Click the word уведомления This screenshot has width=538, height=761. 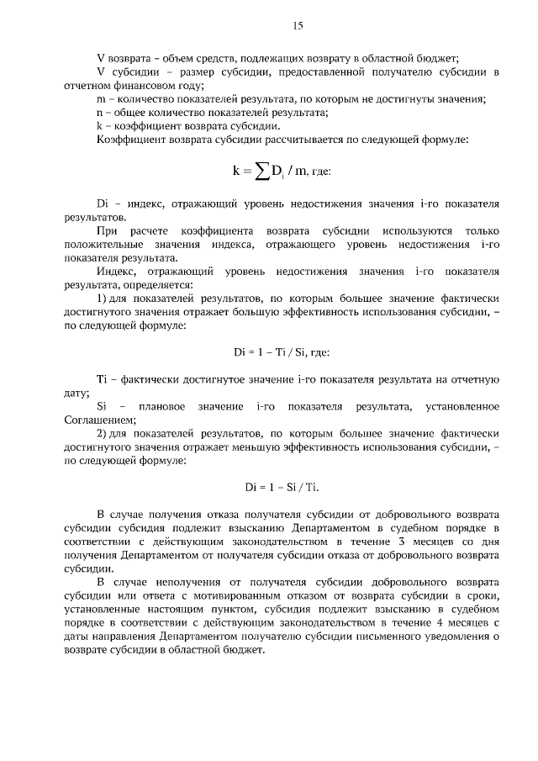(x=454, y=636)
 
